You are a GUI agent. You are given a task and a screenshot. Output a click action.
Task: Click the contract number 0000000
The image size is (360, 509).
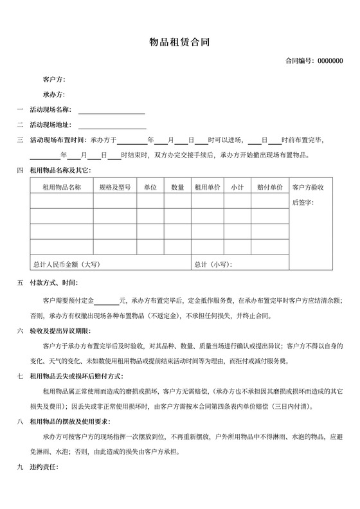click(330, 61)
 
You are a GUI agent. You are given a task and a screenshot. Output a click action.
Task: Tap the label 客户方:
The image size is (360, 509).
click(54, 80)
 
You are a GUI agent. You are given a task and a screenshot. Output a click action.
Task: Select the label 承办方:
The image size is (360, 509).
click(54, 94)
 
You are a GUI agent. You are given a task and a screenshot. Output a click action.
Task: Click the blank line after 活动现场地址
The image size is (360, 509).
click(111, 125)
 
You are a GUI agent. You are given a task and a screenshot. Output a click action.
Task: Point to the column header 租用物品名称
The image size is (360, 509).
click(62, 187)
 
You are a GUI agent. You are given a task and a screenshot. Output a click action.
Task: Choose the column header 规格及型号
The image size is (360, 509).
click(115, 187)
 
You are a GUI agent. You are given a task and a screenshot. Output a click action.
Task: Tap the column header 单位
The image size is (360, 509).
click(150, 187)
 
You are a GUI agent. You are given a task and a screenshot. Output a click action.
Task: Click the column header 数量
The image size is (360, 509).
click(178, 187)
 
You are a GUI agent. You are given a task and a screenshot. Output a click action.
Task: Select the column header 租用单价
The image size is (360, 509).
click(208, 187)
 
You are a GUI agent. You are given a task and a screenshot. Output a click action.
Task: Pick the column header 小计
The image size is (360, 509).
click(237, 187)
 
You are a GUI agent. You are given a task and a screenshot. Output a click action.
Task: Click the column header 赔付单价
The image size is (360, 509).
click(270, 187)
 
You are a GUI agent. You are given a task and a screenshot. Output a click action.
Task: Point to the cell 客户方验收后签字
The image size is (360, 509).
click(312, 195)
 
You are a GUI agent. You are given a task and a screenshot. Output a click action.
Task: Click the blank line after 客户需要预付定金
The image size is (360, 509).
click(107, 301)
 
